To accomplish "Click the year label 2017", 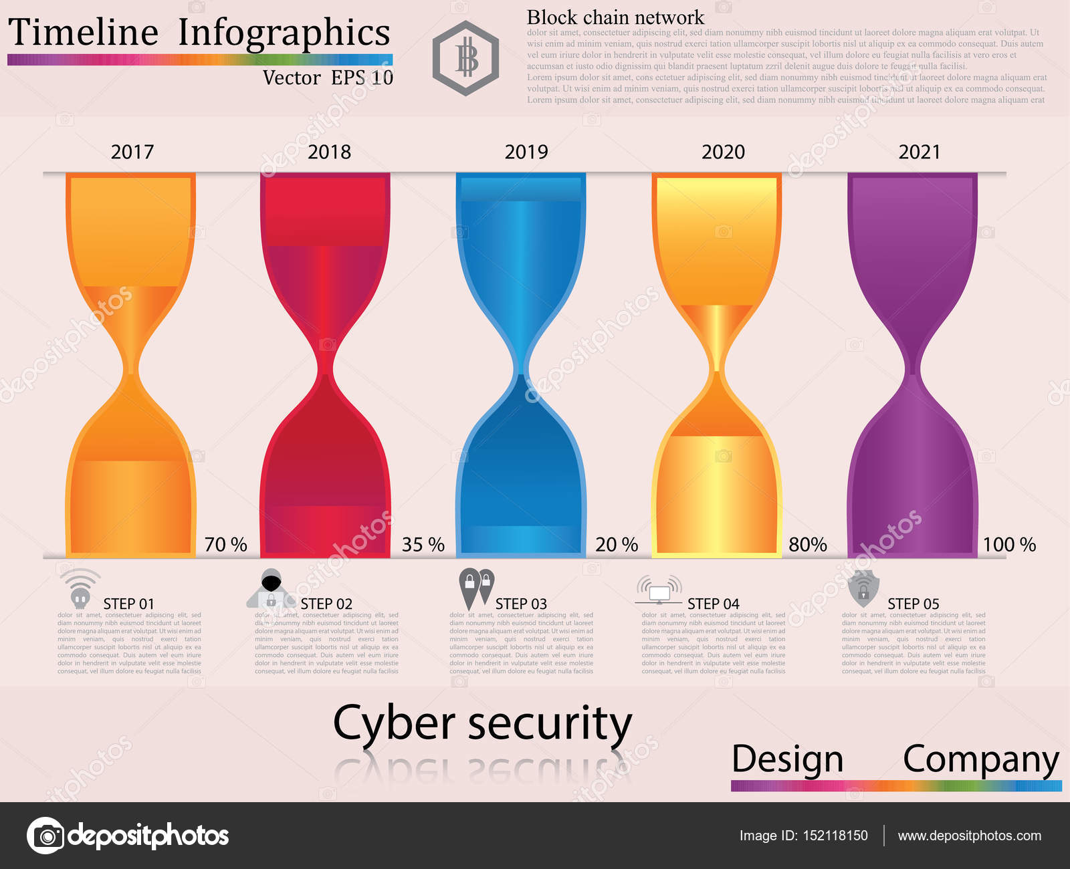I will tap(132, 152).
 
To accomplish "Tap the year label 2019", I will tap(526, 152).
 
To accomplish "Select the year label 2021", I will tap(919, 152).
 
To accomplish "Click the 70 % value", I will tap(225, 544).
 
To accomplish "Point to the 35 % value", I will tap(423, 544).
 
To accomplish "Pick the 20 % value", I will tap(616, 544).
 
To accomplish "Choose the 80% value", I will tap(807, 544).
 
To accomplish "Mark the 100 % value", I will tap(1008, 544).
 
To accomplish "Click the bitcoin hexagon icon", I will tap(465, 58).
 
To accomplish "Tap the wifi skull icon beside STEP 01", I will tap(80, 588).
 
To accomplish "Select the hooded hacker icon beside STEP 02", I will tap(271, 589).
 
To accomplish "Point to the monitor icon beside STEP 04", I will tap(659, 590).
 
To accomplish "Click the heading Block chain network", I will tap(615, 17).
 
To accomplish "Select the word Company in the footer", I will tap(980, 760).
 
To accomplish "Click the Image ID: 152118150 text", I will tap(803, 836).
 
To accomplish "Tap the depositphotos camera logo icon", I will tap(45, 836).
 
